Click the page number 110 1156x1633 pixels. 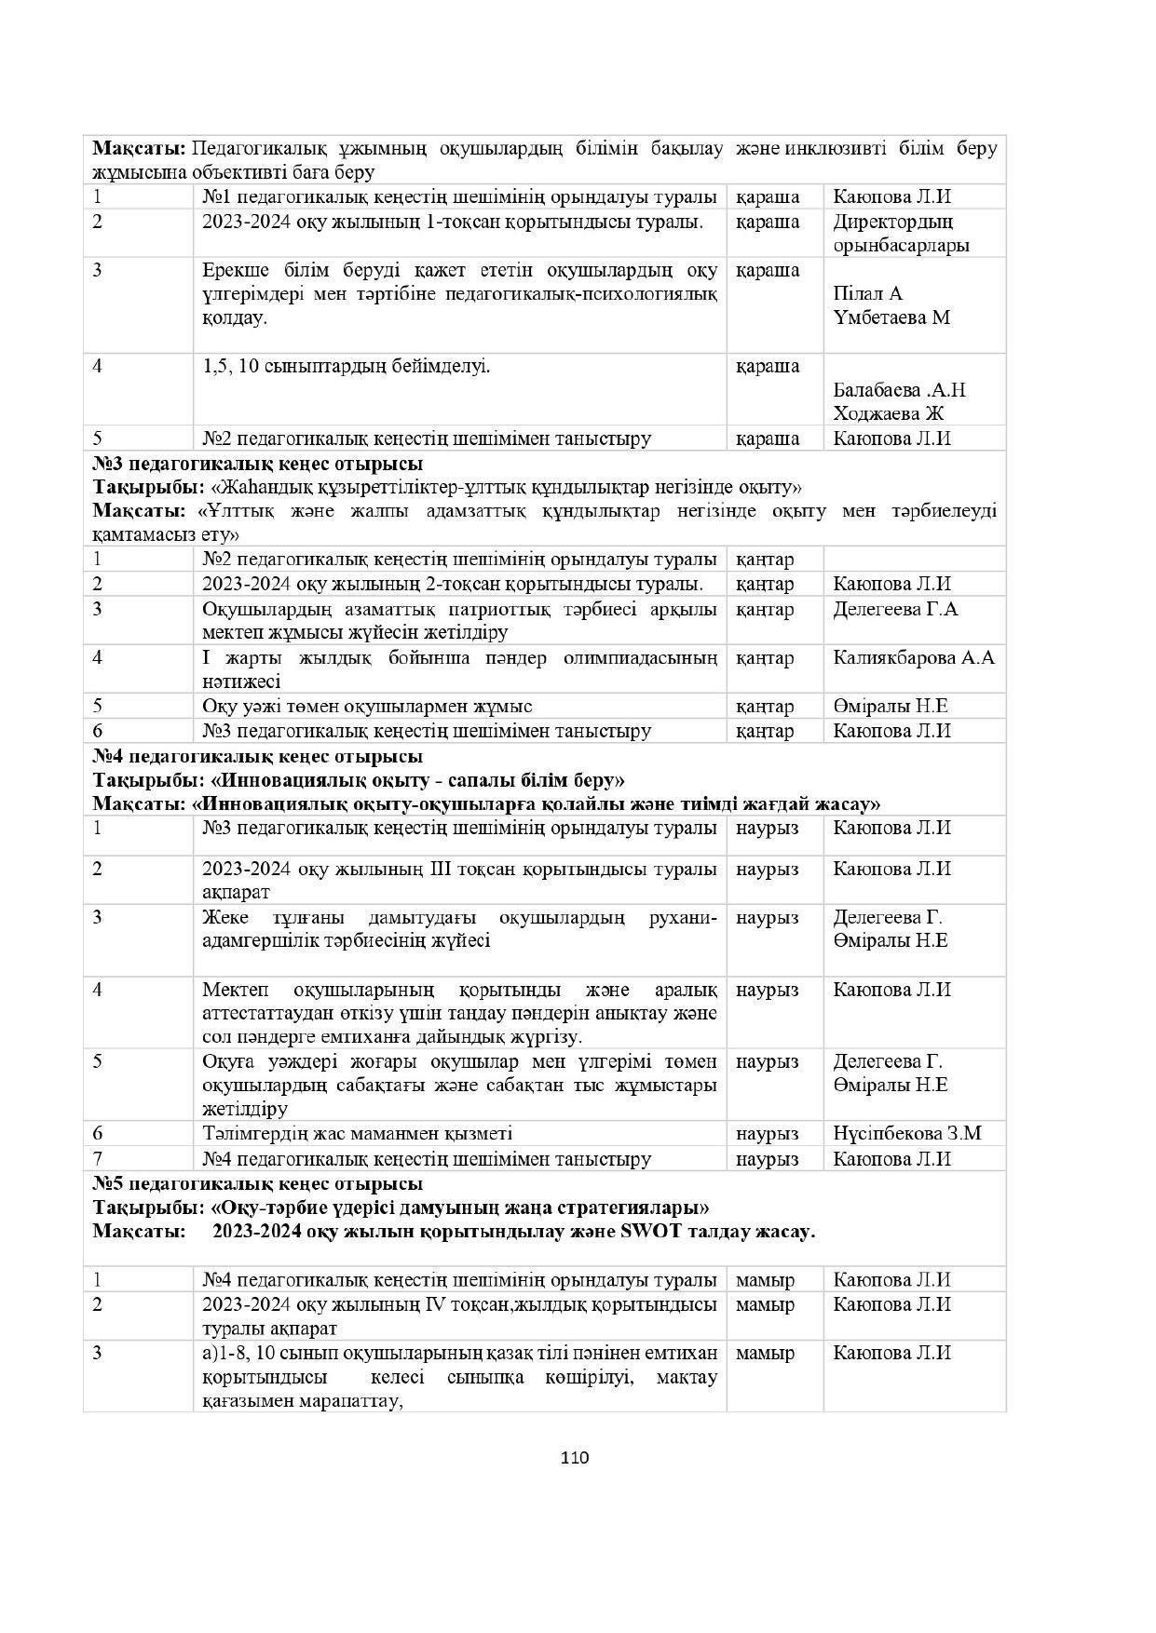point(575,1457)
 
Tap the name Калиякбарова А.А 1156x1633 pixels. point(913,658)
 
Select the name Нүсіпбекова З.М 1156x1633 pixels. point(906,1134)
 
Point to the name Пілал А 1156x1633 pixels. point(867,294)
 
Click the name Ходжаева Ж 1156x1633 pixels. point(888,414)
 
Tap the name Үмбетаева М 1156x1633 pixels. point(891,317)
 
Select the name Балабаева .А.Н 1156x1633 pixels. point(899,390)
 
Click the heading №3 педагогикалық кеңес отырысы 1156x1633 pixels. point(257,464)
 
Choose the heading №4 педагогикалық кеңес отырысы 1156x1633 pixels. point(257,756)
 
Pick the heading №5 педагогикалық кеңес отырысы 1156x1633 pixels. point(257,1184)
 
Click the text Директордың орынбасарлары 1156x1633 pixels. point(900,234)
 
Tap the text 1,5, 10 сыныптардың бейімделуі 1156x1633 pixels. point(346,366)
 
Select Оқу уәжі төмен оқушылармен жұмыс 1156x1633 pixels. point(367,707)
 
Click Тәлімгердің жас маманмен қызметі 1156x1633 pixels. point(357,1134)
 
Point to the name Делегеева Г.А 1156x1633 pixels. point(895,610)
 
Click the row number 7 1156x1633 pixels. point(97,1159)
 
